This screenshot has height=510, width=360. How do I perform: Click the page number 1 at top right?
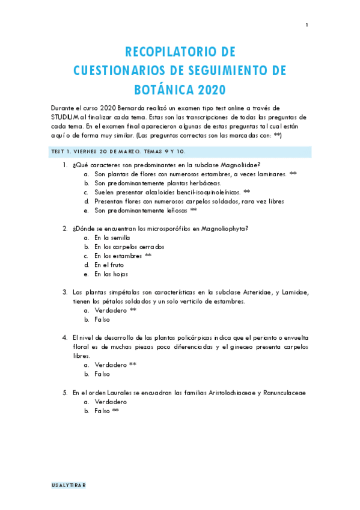(307, 25)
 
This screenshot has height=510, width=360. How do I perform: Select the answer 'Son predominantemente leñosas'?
(141, 210)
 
